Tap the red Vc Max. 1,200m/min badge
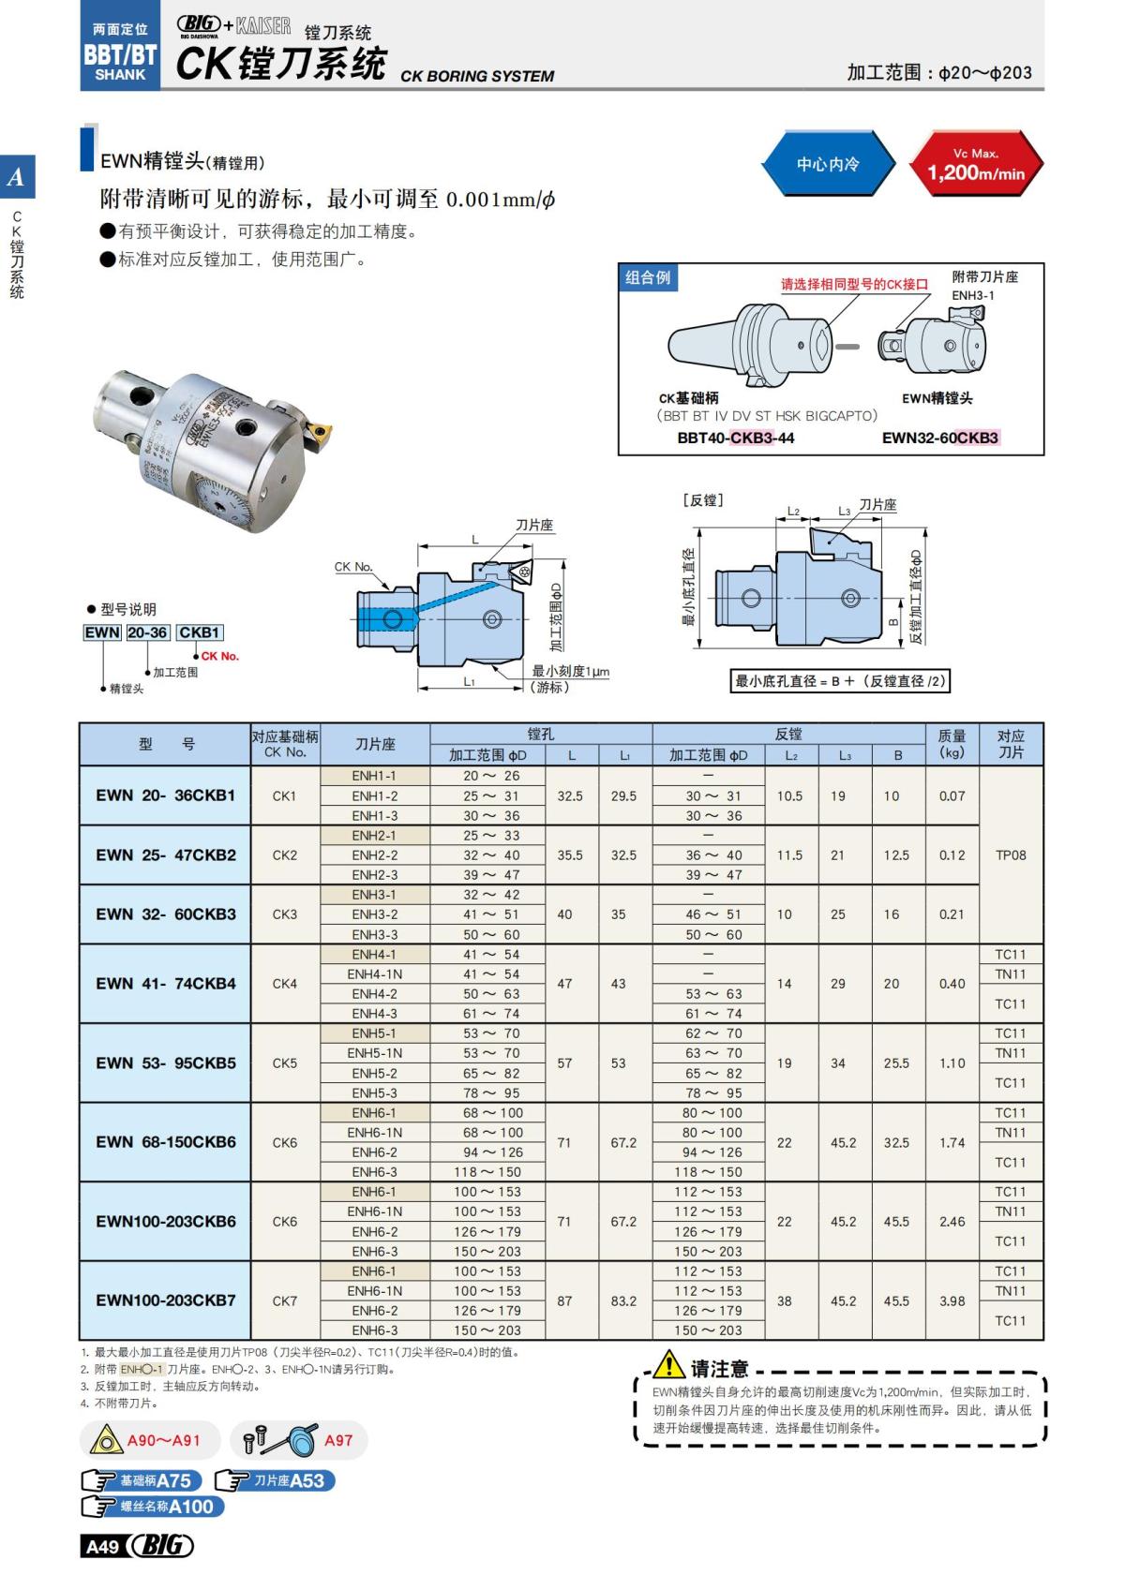tap(976, 165)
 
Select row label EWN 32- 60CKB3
tap(165, 914)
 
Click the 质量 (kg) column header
tap(952, 744)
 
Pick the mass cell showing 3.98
tap(952, 1300)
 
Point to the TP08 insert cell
tap(1011, 854)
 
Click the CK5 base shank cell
tap(284, 1062)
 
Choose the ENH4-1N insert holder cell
tap(374, 974)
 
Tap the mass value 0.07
tap(952, 795)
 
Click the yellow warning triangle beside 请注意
tap(668, 1364)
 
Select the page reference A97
tap(338, 1440)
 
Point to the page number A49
tap(102, 1547)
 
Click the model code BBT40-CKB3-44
tap(735, 438)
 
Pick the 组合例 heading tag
tap(648, 277)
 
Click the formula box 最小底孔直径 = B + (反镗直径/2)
tap(841, 681)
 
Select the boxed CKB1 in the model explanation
tap(199, 632)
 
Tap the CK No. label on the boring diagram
tap(353, 567)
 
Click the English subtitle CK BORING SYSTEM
tap(477, 76)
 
